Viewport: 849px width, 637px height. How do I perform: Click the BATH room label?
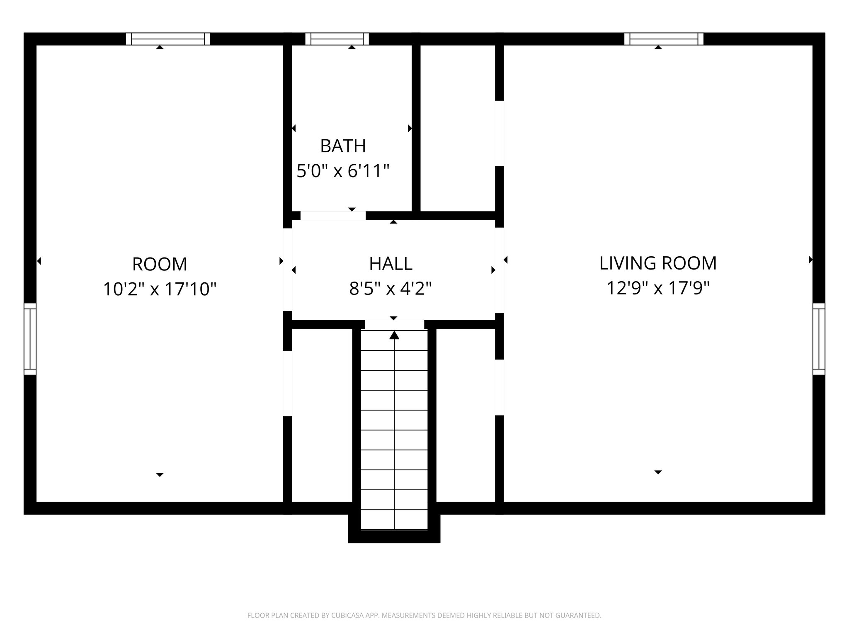(343, 146)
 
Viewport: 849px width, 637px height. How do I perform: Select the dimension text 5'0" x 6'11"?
(343, 171)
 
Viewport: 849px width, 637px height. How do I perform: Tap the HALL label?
(391, 264)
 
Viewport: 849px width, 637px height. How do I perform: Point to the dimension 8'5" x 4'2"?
(391, 289)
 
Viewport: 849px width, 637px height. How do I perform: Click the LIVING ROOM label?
(658, 263)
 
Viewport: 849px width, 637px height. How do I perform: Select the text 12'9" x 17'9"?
(658, 288)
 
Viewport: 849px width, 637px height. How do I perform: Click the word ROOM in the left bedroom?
(160, 264)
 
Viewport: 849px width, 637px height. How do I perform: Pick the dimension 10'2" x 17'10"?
(160, 289)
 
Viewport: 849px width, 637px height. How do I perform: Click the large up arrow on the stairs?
(394, 335)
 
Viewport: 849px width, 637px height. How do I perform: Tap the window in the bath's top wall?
(337, 39)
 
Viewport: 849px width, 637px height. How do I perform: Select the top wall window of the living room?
(664, 39)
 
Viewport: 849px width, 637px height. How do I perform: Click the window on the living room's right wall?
(819, 339)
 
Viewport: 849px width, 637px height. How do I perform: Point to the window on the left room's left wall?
(30, 339)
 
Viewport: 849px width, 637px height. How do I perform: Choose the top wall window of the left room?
(168, 39)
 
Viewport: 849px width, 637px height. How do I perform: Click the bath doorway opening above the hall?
(333, 216)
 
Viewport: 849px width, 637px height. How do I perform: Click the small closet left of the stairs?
(322, 415)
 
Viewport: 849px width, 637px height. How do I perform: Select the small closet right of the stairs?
(466, 415)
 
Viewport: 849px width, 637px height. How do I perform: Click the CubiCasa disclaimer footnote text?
(424, 615)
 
